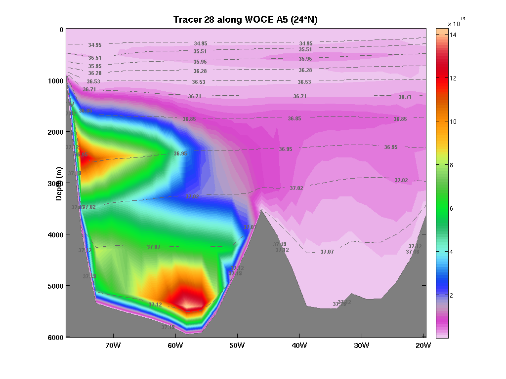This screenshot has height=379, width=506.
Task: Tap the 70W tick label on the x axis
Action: (x=113, y=345)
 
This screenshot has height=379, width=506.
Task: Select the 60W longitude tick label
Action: (x=175, y=345)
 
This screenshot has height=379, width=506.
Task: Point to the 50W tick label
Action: (x=237, y=345)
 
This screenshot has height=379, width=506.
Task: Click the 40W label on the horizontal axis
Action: (x=299, y=345)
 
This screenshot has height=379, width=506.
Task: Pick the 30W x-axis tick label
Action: (x=362, y=345)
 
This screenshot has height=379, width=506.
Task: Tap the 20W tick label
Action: (x=423, y=345)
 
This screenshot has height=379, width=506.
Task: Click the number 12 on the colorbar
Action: (x=453, y=78)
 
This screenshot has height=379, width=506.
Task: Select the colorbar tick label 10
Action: (x=453, y=121)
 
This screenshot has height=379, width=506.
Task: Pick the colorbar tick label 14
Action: (x=453, y=35)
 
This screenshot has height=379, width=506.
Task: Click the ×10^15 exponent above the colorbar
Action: (x=456, y=22)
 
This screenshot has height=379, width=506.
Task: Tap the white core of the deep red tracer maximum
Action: (x=187, y=303)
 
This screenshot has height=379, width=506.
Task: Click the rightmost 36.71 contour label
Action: (x=405, y=97)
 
